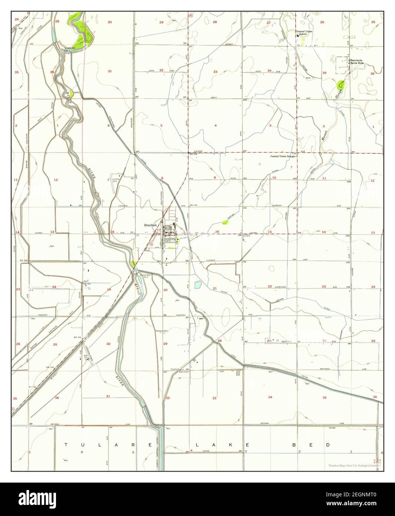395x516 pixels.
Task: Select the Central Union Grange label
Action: tap(282, 156)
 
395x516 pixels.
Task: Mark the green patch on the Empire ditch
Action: tap(225, 222)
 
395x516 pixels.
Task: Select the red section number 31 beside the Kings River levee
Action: tap(108, 396)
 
